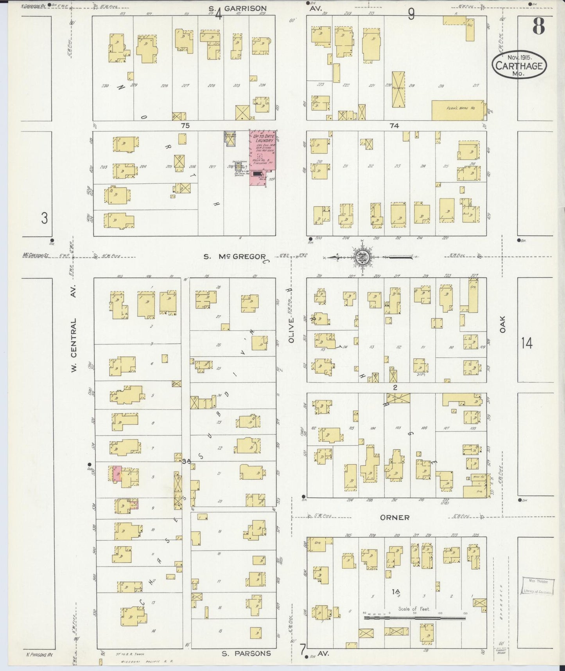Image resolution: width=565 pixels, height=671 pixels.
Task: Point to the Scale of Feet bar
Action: coord(414,618)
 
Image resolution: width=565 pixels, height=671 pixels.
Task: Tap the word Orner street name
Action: coord(395,517)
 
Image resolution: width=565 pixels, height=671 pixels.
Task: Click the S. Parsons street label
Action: coord(246,653)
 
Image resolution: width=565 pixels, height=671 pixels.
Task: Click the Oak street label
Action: coord(502,324)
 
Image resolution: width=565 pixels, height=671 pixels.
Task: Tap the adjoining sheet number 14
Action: coord(527,343)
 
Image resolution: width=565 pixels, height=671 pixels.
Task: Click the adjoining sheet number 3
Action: coord(44,218)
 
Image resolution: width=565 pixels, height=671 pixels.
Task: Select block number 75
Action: coord(185,126)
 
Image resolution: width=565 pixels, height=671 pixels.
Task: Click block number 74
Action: coord(394,126)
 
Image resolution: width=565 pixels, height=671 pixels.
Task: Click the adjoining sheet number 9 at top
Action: coord(411,14)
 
